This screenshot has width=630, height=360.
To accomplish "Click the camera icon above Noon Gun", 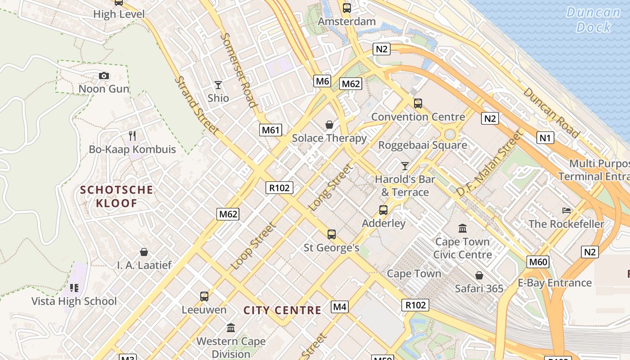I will pos(104,76).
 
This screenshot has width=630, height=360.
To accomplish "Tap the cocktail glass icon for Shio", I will pos(218,85).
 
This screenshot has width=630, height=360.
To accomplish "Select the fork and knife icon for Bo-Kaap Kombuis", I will pos(132,135).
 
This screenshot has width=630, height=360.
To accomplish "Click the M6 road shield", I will pos(322,81).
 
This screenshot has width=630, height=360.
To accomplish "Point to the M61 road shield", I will pos(271,130).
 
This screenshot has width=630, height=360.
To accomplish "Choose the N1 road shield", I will pos(545,138).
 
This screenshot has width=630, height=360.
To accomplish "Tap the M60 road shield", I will pos(538,262).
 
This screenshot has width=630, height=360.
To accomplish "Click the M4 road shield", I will pos(340,307).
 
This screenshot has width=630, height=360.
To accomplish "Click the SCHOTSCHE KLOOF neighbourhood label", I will pos(117,197).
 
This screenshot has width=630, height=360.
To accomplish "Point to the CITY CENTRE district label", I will pos(282,310).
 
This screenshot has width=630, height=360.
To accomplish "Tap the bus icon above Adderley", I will pos(383,210).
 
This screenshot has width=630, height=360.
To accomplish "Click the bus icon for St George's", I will pos(332,234).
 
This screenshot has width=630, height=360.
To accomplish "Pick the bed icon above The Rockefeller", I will pos(567,211).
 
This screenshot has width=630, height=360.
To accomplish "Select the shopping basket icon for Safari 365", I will pos(479,275).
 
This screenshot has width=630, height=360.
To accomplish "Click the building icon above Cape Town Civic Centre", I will pos(463,229).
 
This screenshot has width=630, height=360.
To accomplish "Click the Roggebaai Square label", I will pos(423,145).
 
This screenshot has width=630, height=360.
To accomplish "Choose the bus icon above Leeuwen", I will pos(204,297).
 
